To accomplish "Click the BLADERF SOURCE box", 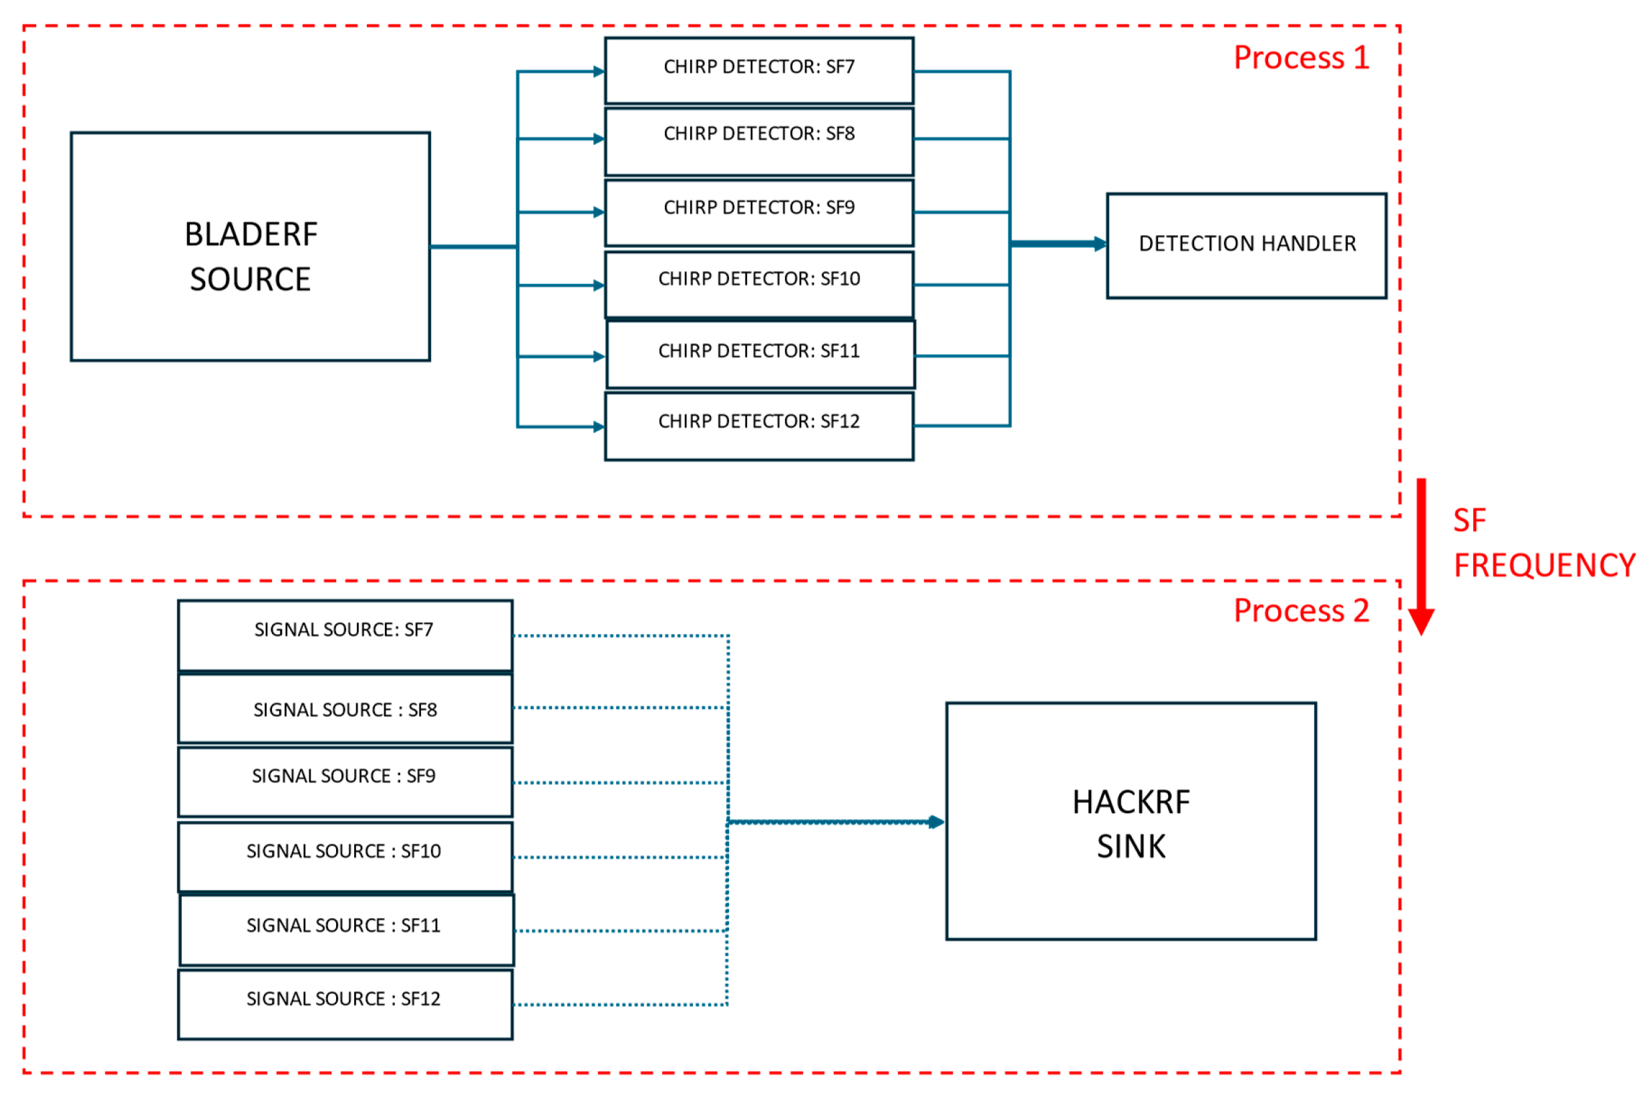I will (x=250, y=247).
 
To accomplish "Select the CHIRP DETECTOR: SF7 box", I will (x=758, y=70).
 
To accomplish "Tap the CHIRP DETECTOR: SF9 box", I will (x=758, y=212).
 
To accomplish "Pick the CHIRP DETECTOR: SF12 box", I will (x=758, y=426).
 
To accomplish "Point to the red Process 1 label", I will (x=1300, y=57).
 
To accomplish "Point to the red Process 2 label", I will (x=1300, y=610).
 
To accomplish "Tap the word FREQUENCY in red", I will (x=1543, y=565).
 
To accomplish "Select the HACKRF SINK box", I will (x=1130, y=821).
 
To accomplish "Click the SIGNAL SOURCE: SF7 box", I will (x=345, y=635).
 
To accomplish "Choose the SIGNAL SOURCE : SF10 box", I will (x=345, y=856).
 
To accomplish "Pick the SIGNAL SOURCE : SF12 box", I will (x=345, y=1003).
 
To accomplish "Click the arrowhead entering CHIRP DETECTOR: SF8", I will (x=598, y=139).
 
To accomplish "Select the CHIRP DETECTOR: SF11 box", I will (x=760, y=355).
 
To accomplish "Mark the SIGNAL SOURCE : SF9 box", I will (x=345, y=781).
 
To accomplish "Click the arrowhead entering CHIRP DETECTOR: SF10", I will (x=598, y=285).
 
